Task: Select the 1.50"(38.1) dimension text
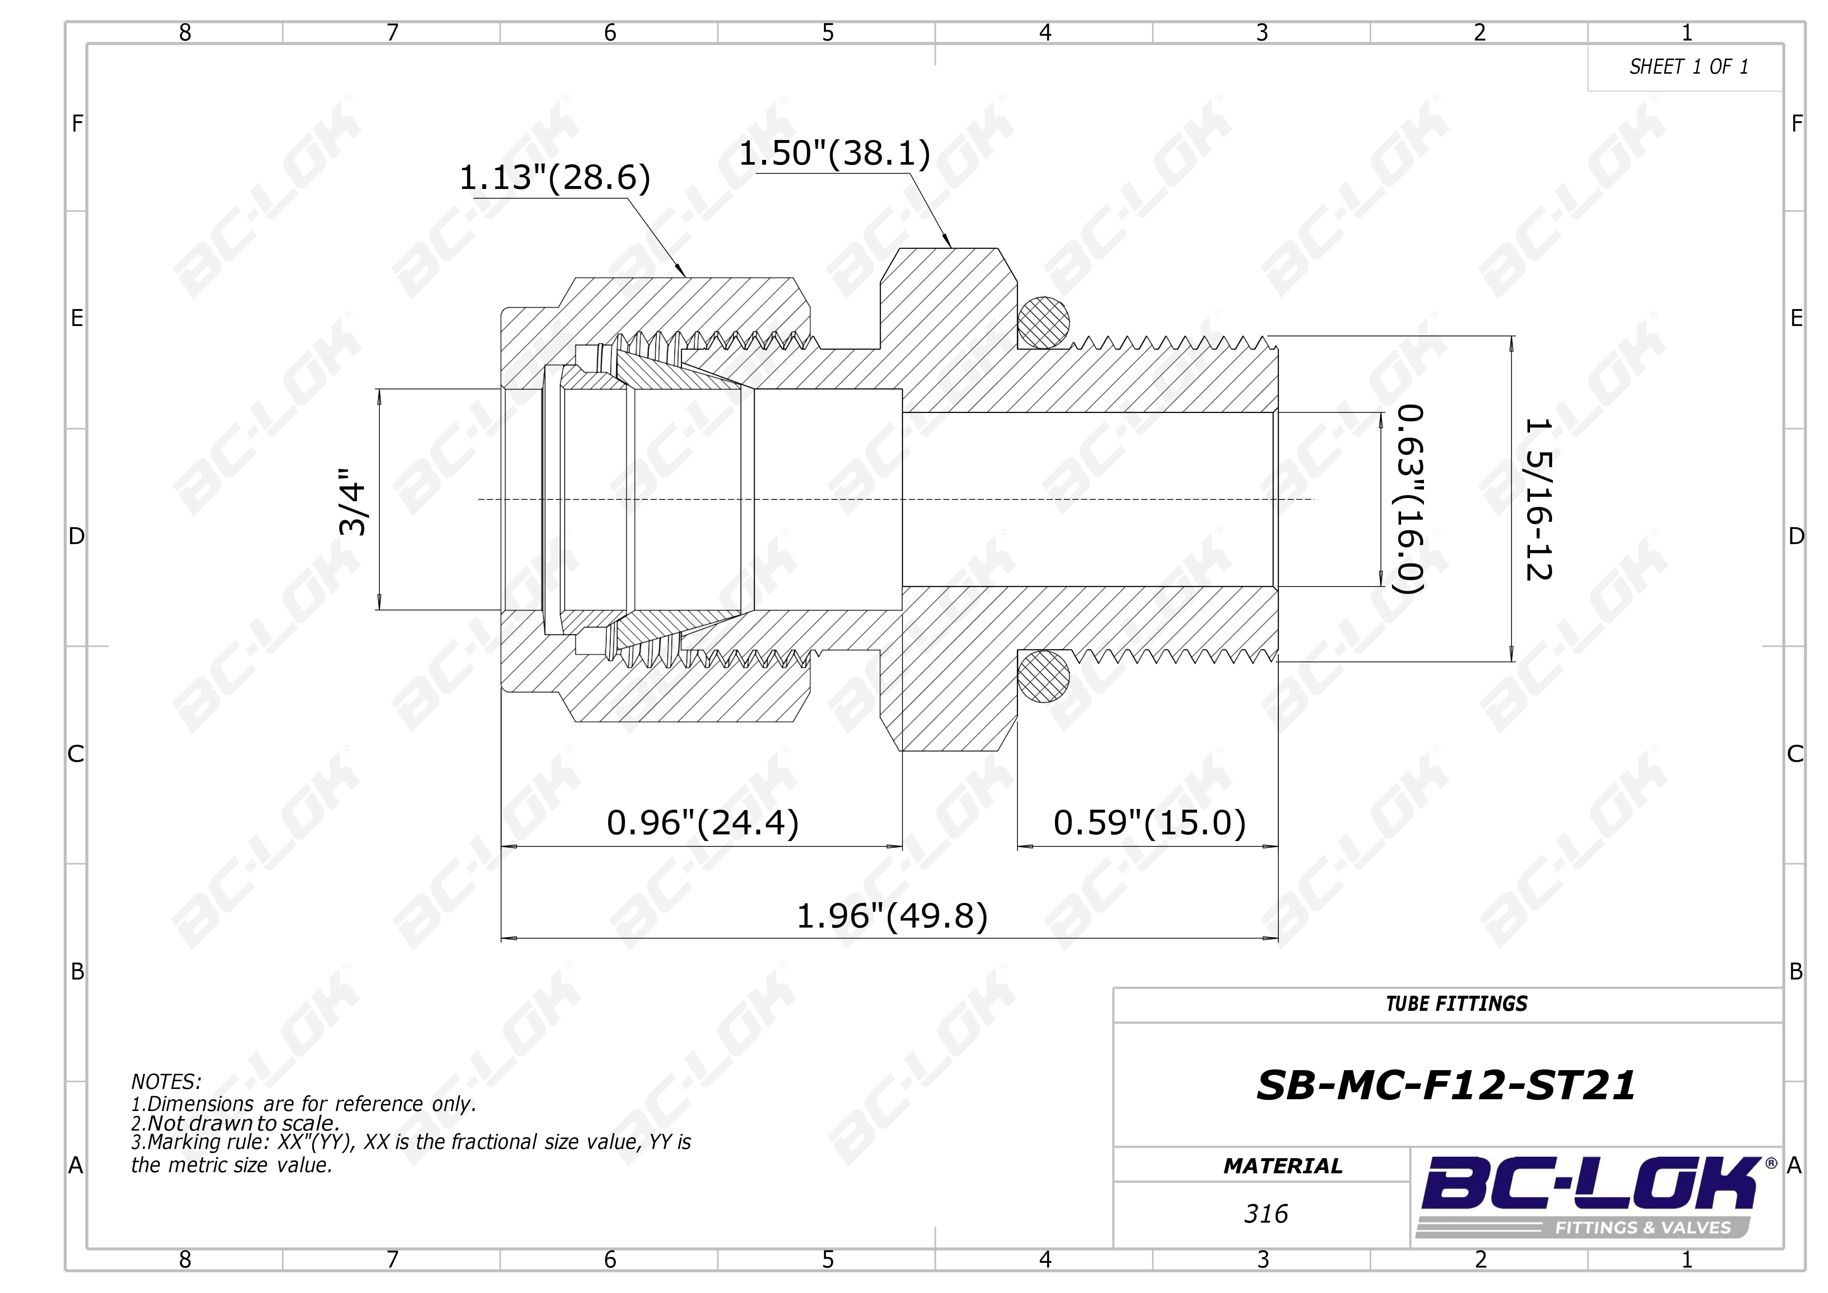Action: [x=834, y=153]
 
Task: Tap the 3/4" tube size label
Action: [x=353, y=501]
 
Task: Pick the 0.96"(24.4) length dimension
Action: [x=702, y=823]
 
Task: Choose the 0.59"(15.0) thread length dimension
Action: [x=1149, y=823]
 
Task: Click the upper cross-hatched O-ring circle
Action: [x=1044, y=322]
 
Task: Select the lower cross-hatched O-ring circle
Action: [x=1044, y=676]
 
